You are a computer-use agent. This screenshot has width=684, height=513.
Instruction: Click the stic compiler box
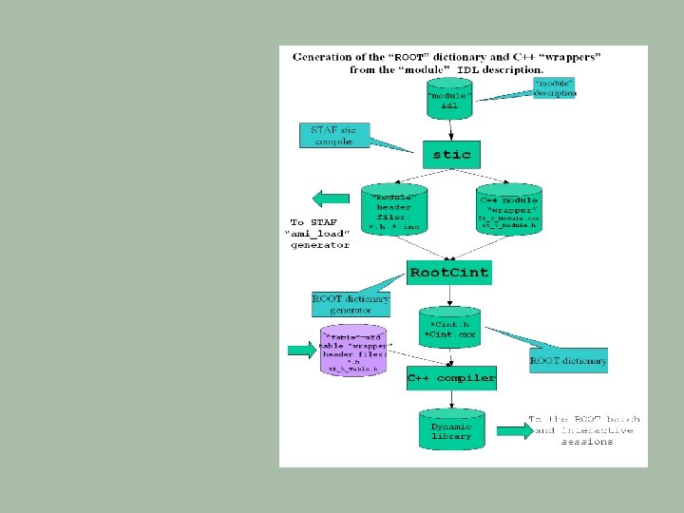click(x=451, y=154)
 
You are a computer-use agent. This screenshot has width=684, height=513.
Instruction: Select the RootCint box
click(x=448, y=273)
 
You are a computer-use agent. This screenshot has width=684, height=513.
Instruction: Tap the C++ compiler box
click(x=451, y=378)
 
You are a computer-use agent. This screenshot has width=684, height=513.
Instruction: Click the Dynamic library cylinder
click(x=451, y=430)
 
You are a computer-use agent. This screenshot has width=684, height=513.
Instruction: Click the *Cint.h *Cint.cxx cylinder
click(x=451, y=329)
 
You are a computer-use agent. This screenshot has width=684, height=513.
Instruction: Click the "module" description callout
click(x=554, y=87)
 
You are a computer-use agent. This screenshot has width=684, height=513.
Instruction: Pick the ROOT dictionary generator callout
click(x=351, y=304)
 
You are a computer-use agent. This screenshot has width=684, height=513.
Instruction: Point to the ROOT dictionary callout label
click(x=568, y=361)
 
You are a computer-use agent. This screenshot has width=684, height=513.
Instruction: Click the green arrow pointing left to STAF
click(x=332, y=199)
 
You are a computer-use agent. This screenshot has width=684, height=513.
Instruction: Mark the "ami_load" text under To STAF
click(x=318, y=234)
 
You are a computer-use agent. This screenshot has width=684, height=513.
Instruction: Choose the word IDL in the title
click(x=468, y=69)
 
